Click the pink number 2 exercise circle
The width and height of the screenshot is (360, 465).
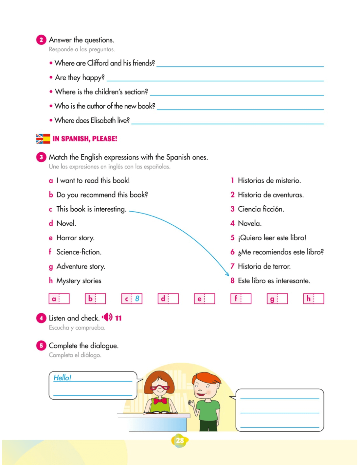(x=41, y=40)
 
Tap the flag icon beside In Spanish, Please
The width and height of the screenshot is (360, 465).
(x=43, y=139)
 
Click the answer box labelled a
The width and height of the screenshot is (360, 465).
(x=59, y=299)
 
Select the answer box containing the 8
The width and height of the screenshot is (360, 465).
(x=132, y=299)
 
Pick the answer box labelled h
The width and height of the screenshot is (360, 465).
(x=314, y=299)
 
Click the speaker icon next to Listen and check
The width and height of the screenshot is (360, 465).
(x=107, y=317)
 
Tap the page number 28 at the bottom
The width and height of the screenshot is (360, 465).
(x=180, y=440)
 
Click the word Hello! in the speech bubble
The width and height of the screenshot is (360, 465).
(x=62, y=377)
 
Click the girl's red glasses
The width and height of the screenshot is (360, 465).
(x=160, y=388)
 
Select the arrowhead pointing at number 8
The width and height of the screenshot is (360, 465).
(x=227, y=274)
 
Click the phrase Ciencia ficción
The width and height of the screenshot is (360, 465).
(x=261, y=209)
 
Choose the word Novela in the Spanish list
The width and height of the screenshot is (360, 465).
(x=249, y=223)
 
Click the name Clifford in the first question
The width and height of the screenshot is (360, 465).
(x=98, y=63)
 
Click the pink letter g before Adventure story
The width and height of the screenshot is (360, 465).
(x=51, y=267)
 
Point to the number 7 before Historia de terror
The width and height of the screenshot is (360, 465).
(x=232, y=266)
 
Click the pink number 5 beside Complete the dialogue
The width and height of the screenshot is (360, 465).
(x=41, y=346)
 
